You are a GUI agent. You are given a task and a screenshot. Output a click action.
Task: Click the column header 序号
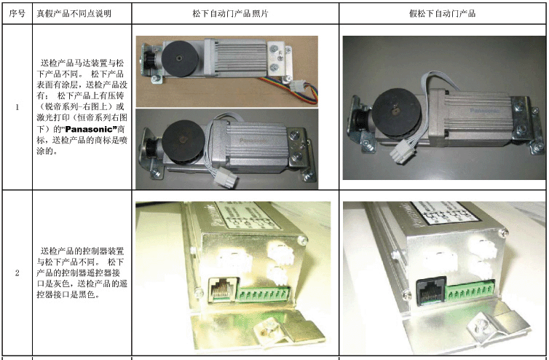coord(17,14)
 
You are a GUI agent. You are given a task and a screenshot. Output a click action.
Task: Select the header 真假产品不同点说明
coord(82,14)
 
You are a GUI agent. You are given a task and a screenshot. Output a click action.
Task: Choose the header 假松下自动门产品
coord(443,14)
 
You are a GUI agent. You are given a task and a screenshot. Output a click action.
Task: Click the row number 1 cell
coord(17,108)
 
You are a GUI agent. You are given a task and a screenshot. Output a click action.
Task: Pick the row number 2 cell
coord(17,273)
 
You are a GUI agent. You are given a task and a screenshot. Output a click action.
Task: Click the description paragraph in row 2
coord(82,273)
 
